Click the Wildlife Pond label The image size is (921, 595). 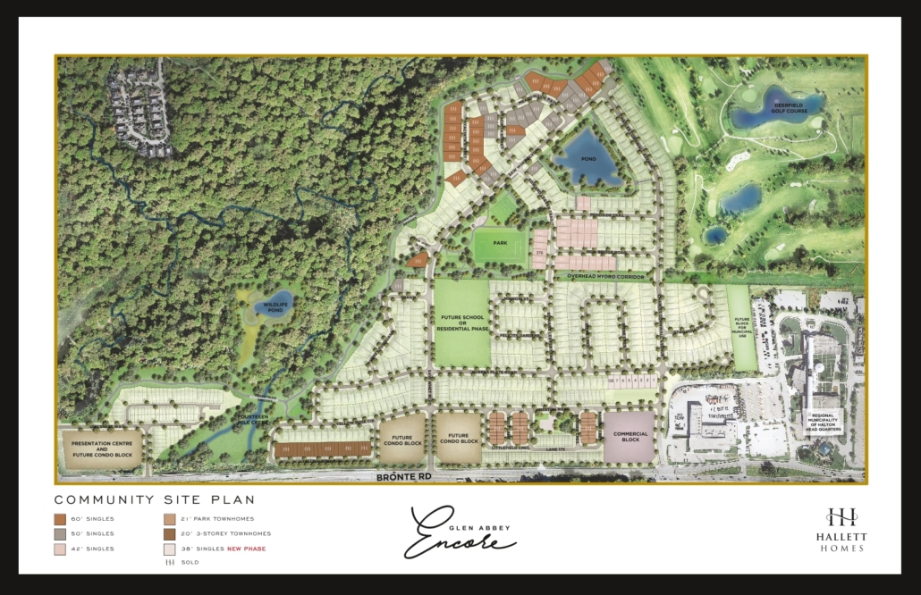270,307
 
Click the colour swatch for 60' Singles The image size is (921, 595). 60,519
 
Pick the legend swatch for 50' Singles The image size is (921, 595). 60,533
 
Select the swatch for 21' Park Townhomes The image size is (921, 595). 169,519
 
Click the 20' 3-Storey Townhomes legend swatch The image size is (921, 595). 169,533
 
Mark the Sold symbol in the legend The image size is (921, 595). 169,562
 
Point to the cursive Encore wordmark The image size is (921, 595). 460,534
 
